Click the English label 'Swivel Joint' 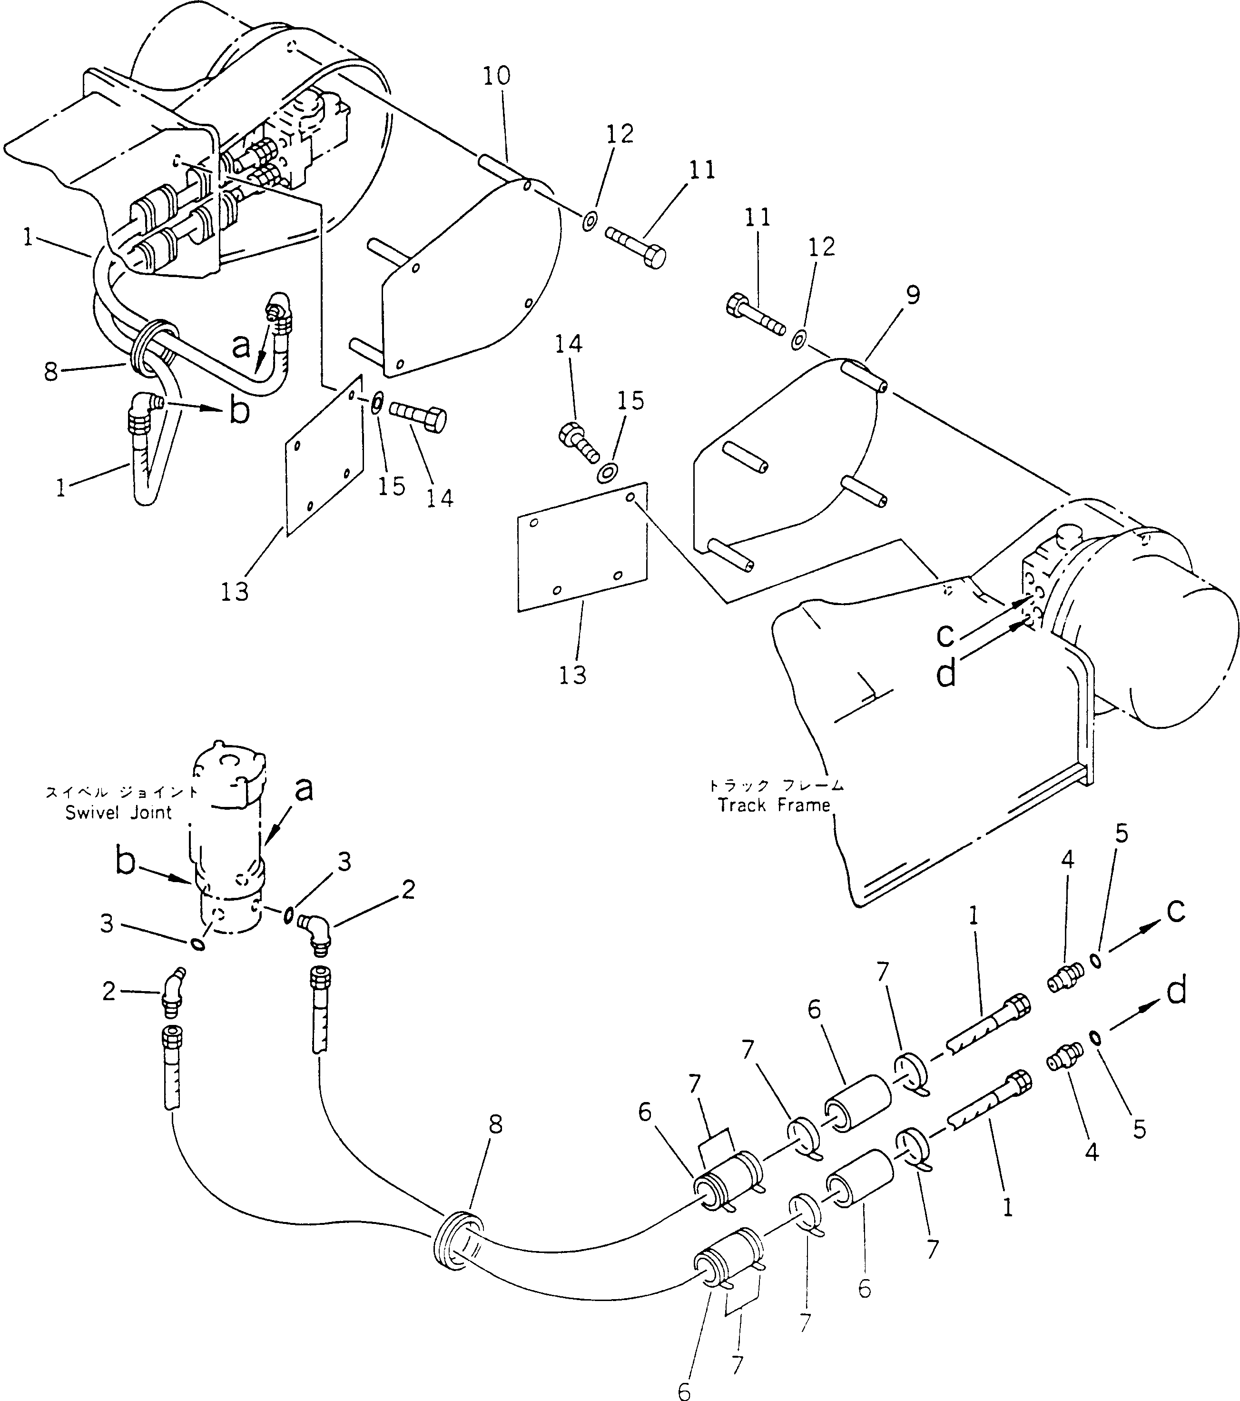click(118, 813)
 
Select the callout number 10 click(497, 76)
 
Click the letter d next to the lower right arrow click(1176, 992)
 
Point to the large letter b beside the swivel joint click(125, 862)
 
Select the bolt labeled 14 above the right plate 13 click(580, 441)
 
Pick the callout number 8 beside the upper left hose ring click(51, 371)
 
